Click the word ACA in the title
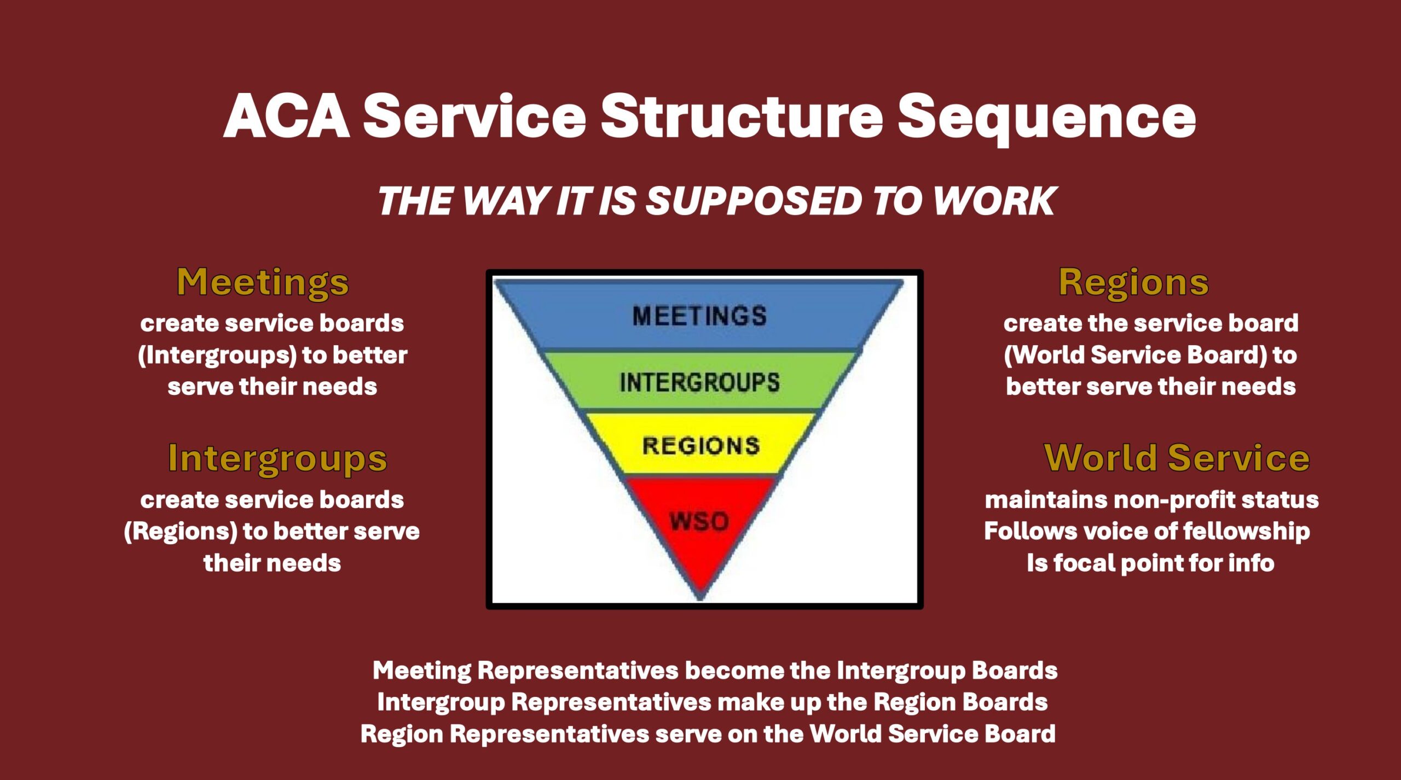pyautogui.click(x=286, y=116)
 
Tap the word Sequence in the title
pyautogui.click(x=1046, y=119)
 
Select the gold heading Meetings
pyautogui.click(x=263, y=283)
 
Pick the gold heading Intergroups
pyautogui.click(x=277, y=459)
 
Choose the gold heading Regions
pyautogui.click(x=1133, y=283)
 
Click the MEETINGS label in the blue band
pyautogui.click(x=699, y=316)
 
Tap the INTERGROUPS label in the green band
pyautogui.click(x=699, y=382)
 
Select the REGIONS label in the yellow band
pyautogui.click(x=700, y=446)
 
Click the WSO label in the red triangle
pyautogui.click(x=699, y=521)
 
